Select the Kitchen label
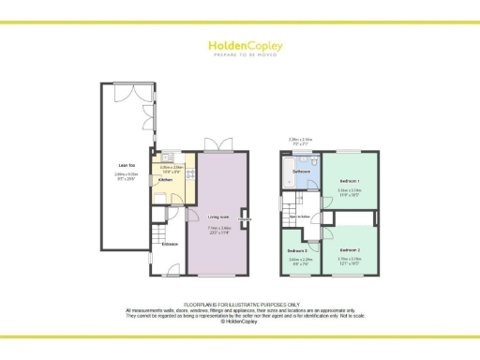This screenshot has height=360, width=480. click(x=164, y=180)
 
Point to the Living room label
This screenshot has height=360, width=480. click(x=218, y=217)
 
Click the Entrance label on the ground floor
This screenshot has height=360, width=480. click(x=170, y=245)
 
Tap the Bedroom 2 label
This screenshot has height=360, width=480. click(x=350, y=249)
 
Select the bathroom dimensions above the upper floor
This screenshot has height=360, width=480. click(x=300, y=142)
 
